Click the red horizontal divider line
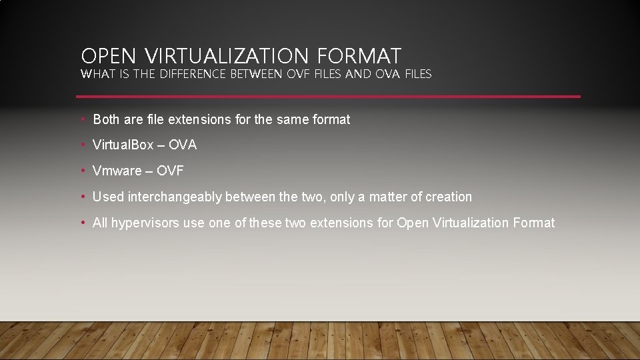pos(330,97)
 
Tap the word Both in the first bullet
pos(107,119)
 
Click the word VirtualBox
pos(123,145)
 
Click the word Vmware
pos(117,171)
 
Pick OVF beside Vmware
pos(170,171)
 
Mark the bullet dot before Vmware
pos(82,171)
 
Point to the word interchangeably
pos(175,197)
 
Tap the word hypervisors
pos(145,223)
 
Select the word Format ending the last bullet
pos(534,223)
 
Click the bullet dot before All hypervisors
pos(82,223)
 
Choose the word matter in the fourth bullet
pos(389,197)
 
